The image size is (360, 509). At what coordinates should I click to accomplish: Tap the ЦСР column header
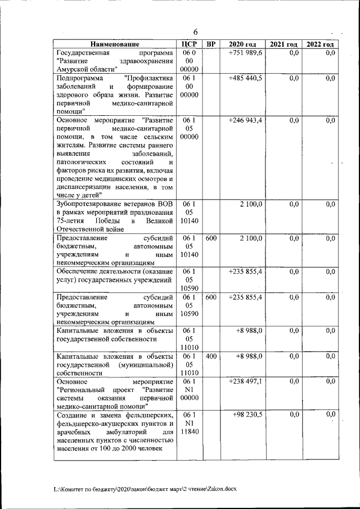tap(190, 44)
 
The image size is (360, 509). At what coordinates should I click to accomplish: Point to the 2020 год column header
tap(242, 44)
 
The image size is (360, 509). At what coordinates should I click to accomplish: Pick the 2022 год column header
tap(319, 44)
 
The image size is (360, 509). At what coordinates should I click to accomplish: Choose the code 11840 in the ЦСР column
tap(190, 431)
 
